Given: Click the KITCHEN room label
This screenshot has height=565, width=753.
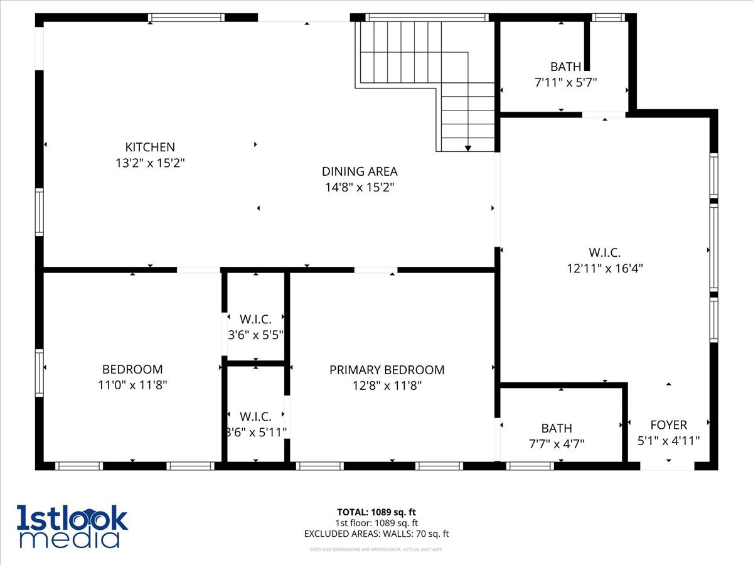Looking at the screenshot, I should pos(150,148).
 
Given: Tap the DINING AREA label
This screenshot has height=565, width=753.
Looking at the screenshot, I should pos(360,171).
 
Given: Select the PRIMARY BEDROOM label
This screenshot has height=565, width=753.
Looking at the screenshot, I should pos(387,370).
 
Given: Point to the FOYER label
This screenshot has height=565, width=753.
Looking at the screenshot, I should pos(668,425).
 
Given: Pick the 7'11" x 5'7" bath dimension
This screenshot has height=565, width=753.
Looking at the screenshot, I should pos(565,82).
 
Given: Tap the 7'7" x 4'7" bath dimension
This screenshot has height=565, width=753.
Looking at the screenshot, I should pos(557,443).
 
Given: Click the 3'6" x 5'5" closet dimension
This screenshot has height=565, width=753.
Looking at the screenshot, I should pos(255,335).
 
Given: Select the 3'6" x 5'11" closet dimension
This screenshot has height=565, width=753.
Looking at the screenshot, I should pos(255,432).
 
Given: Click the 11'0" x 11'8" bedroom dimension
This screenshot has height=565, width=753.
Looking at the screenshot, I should pos(132,385).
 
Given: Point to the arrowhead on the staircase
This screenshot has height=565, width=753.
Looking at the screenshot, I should pos(468,148).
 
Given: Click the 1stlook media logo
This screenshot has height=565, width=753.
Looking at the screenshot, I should pos(72,526).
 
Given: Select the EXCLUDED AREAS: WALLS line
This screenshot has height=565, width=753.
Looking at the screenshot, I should pos(376,534).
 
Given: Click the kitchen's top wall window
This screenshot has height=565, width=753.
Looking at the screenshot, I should pos(186,18).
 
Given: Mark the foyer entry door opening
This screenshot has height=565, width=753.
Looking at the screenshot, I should pos(668,466).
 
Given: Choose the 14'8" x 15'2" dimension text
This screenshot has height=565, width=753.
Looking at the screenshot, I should pos(360,186).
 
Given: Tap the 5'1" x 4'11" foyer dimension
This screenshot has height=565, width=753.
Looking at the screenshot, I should pos(668,441).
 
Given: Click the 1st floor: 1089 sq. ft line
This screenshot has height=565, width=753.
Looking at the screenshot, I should pos(376,523).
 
